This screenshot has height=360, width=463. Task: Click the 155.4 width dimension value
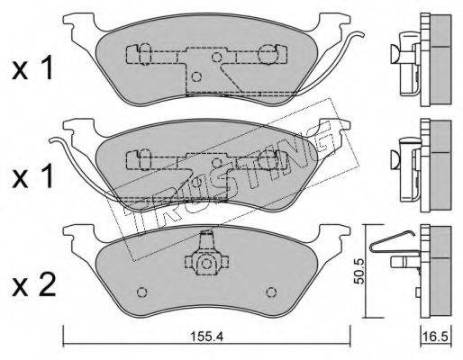click(206, 337)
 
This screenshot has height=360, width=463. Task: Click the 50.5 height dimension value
click(359, 271)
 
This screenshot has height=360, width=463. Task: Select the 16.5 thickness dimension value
click(437, 337)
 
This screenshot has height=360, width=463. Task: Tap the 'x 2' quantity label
click(33, 286)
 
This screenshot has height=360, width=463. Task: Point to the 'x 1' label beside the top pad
click(32, 69)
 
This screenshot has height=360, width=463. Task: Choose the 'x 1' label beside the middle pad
click(32, 177)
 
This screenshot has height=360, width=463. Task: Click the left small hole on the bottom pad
click(141, 292)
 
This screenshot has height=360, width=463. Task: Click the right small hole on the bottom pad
click(271, 292)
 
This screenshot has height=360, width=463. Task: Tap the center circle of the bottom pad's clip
click(206, 264)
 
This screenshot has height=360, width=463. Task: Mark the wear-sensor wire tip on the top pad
click(362, 34)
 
